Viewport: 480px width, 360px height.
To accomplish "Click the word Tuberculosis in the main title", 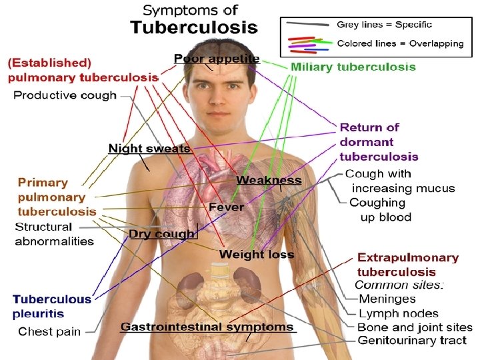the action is coord(193,28).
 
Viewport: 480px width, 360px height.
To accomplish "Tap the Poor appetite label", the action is coord(217,59).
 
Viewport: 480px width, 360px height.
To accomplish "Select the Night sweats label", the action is coord(149,148).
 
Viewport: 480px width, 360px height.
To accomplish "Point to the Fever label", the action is coord(226,207).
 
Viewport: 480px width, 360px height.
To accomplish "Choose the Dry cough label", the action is coord(162,234).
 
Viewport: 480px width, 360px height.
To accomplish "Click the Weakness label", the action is coord(269,181).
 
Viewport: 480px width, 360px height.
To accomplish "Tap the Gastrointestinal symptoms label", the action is coord(207,327).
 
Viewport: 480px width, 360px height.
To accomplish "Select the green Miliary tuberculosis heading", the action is coord(353,67).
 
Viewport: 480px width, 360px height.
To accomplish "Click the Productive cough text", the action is coord(65,95).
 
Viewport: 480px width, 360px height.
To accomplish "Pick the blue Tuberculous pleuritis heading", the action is coord(52,306).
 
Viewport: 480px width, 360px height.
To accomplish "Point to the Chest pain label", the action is coord(49,331).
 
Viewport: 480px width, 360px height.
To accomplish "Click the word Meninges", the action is coord(387,299).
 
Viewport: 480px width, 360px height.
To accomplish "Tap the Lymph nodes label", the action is coord(399,313).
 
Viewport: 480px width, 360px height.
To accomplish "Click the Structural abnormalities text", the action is coord(55,234).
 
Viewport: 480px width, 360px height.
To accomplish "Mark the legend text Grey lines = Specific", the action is coord(385,25).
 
